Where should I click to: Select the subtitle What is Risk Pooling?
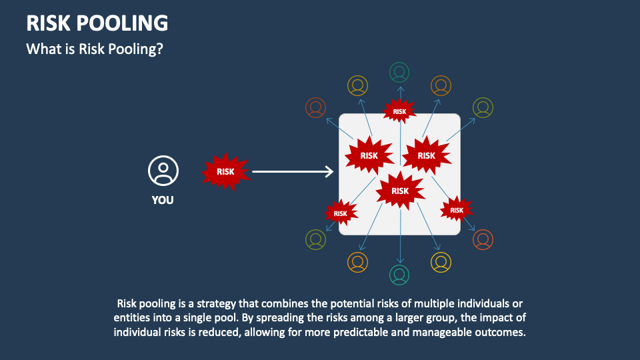[94, 49]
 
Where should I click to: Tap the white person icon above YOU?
[163, 171]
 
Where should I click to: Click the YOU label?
[163, 199]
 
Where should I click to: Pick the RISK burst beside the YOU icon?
[226, 172]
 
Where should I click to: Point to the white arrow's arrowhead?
[329, 172]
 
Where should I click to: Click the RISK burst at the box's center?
[400, 191]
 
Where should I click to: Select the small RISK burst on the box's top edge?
[399, 111]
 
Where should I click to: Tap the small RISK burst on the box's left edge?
[341, 213]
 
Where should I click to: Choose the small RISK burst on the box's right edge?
[457, 210]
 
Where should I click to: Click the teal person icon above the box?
[399, 72]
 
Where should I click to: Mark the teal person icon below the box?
[399, 274]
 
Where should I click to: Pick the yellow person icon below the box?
[441, 262]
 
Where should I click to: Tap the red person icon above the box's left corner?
[315, 107]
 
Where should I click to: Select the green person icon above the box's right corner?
[483, 107]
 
